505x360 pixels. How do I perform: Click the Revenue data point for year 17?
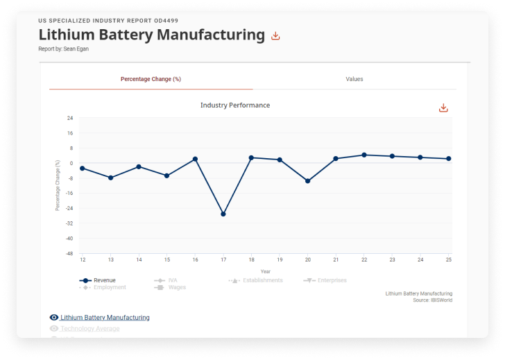(x=223, y=214)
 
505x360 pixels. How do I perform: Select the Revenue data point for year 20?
(x=308, y=181)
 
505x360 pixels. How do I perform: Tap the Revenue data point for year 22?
(x=364, y=155)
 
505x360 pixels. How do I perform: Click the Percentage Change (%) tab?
(x=151, y=79)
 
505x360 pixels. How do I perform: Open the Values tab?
(x=354, y=79)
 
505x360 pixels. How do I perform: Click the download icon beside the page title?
(x=275, y=36)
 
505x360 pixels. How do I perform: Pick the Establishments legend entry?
(x=262, y=280)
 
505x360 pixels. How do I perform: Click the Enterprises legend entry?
(x=332, y=280)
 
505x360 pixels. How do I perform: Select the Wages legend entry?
(x=177, y=287)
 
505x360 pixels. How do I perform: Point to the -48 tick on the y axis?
(x=69, y=253)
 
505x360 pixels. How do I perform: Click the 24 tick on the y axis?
(x=70, y=118)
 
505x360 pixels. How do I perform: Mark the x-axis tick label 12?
(x=83, y=259)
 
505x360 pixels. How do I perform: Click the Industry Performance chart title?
(x=235, y=105)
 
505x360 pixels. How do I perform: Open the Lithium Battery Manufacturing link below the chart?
(x=105, y=318)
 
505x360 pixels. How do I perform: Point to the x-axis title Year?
(x=266, y=271)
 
